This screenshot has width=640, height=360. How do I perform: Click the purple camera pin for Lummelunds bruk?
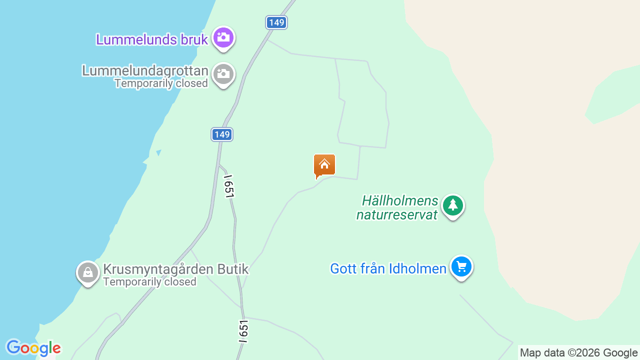tap(223, 37)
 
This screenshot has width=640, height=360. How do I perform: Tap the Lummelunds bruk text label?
tap(152, 39)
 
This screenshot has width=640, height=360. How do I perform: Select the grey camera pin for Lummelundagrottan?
tap(223, 74)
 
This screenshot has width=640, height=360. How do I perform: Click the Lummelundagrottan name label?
tap(145, 70)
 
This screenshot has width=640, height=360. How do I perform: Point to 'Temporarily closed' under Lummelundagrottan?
tap(161, 83)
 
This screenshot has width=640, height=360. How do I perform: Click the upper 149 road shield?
tap(276, 22)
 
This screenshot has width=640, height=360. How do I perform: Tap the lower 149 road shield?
tap(221, 134)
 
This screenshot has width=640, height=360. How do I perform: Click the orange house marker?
tap(324, 165)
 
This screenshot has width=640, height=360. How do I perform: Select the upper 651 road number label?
tap(228, 186)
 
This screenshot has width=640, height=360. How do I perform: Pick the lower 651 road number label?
tap(243, 331)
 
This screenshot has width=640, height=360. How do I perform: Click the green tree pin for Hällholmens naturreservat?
tap(453, 205)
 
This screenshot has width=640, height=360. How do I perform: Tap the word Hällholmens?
tap(400, 201)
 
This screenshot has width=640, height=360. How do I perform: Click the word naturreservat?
tap(397, 215)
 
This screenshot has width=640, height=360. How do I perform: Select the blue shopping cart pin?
tap(461, 266)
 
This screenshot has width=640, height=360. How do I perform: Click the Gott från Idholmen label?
tap(388, 269)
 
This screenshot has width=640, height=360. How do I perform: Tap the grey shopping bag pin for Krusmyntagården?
tap(88, 273)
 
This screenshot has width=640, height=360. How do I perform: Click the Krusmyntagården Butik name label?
tap(175, 269)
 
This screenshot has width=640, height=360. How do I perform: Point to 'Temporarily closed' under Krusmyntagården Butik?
tap(150, 282)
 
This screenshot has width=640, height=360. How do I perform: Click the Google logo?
tap(33, 348)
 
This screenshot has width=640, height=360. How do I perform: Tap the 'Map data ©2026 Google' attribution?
tap(578, 353)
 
